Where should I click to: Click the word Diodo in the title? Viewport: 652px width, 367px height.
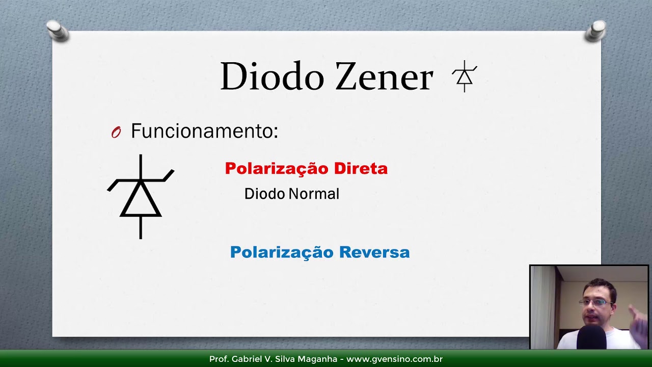point(272,77)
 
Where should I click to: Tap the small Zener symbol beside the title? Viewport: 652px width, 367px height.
point(464,76)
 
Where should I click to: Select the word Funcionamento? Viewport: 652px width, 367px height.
point(204,132)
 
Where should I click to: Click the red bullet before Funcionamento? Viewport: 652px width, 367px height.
point(116,133)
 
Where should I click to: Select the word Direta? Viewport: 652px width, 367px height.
point(361,169)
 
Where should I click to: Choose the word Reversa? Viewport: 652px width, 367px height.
point(374,252)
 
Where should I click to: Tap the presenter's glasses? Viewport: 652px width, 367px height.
point(595,302)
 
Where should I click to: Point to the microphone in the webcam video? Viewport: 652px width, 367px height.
point(591,337)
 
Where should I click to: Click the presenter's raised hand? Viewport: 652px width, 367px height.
point(637,319)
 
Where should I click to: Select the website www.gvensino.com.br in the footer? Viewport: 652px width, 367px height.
point(395,359)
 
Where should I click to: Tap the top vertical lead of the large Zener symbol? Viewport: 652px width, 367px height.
point(141,166)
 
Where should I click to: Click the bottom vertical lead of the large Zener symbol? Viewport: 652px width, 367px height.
point(141,227)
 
